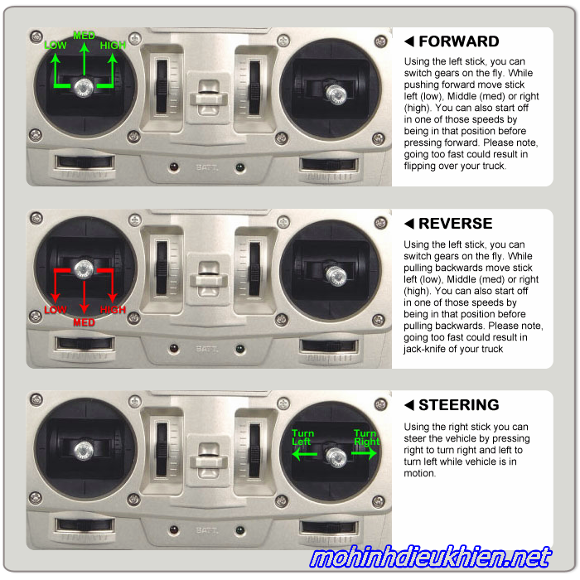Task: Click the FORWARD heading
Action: (x=459, y=41)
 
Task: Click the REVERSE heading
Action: (x=456, y=224)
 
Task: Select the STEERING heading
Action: (x=459, y=405)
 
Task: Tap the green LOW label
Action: (x=56, y=46)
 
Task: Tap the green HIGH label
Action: (x=113, y=46)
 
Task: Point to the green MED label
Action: (x=84, y=36)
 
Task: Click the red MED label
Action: (x=84, y=322)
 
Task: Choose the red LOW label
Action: (x=56, y=310)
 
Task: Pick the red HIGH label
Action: (x=113, y=310)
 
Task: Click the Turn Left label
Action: (x=302, y=437)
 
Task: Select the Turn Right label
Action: (x=366, y=437)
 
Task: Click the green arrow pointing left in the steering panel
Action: (x=304, y=454)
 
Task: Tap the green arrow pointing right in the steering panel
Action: (x=364, y=453)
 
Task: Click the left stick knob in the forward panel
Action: (x=84, y=88)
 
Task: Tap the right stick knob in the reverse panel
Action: (x=336, y=276)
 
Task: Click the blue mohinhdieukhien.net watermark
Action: (x=431, y=558)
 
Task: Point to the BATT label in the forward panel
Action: (x=206, y=167)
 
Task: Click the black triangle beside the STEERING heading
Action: (x=409, y=405)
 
